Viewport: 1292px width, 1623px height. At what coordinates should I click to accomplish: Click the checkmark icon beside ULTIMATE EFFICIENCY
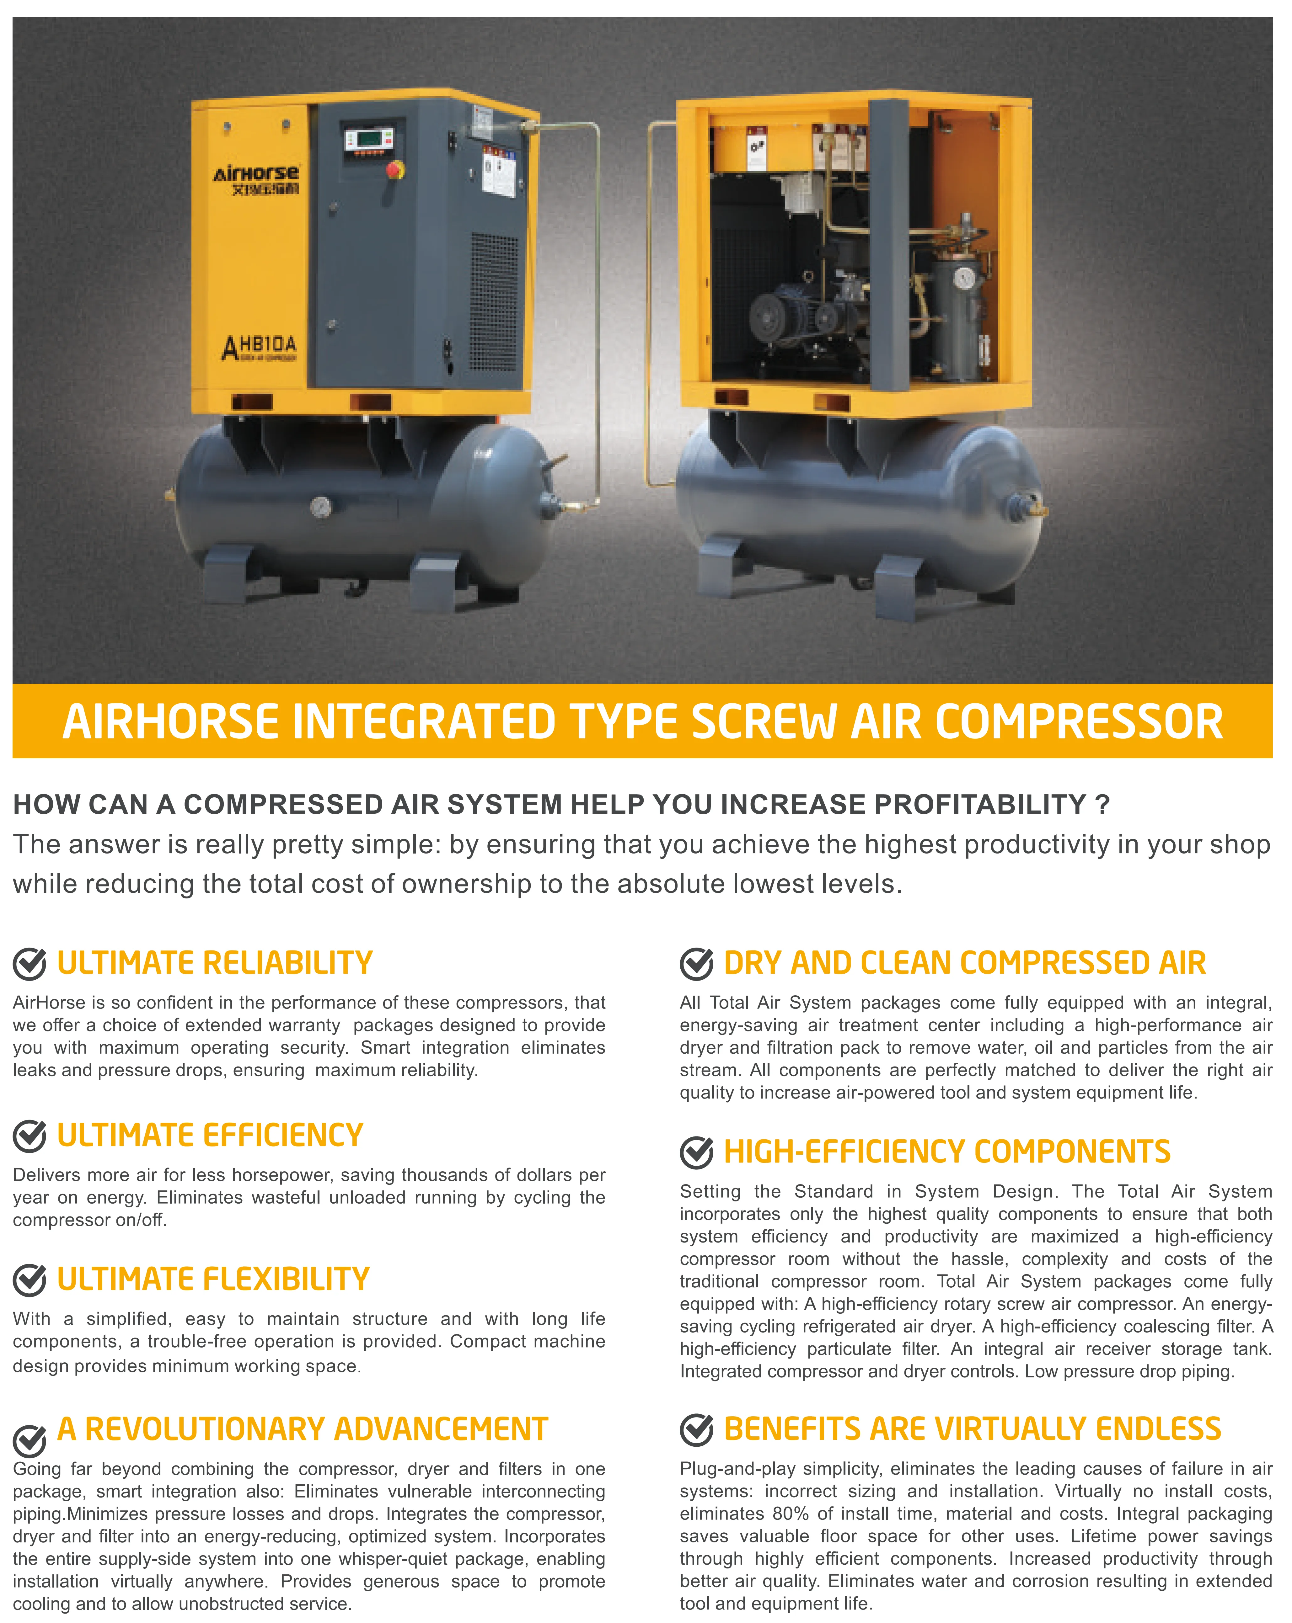pos(30,1136)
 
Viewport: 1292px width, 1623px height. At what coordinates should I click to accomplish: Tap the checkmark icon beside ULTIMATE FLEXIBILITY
pos(30,1280)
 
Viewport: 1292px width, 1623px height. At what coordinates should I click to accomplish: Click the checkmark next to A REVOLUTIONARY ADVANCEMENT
pos(30,1441)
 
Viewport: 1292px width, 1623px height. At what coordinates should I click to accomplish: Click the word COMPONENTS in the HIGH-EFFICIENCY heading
pos(1072,1152)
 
